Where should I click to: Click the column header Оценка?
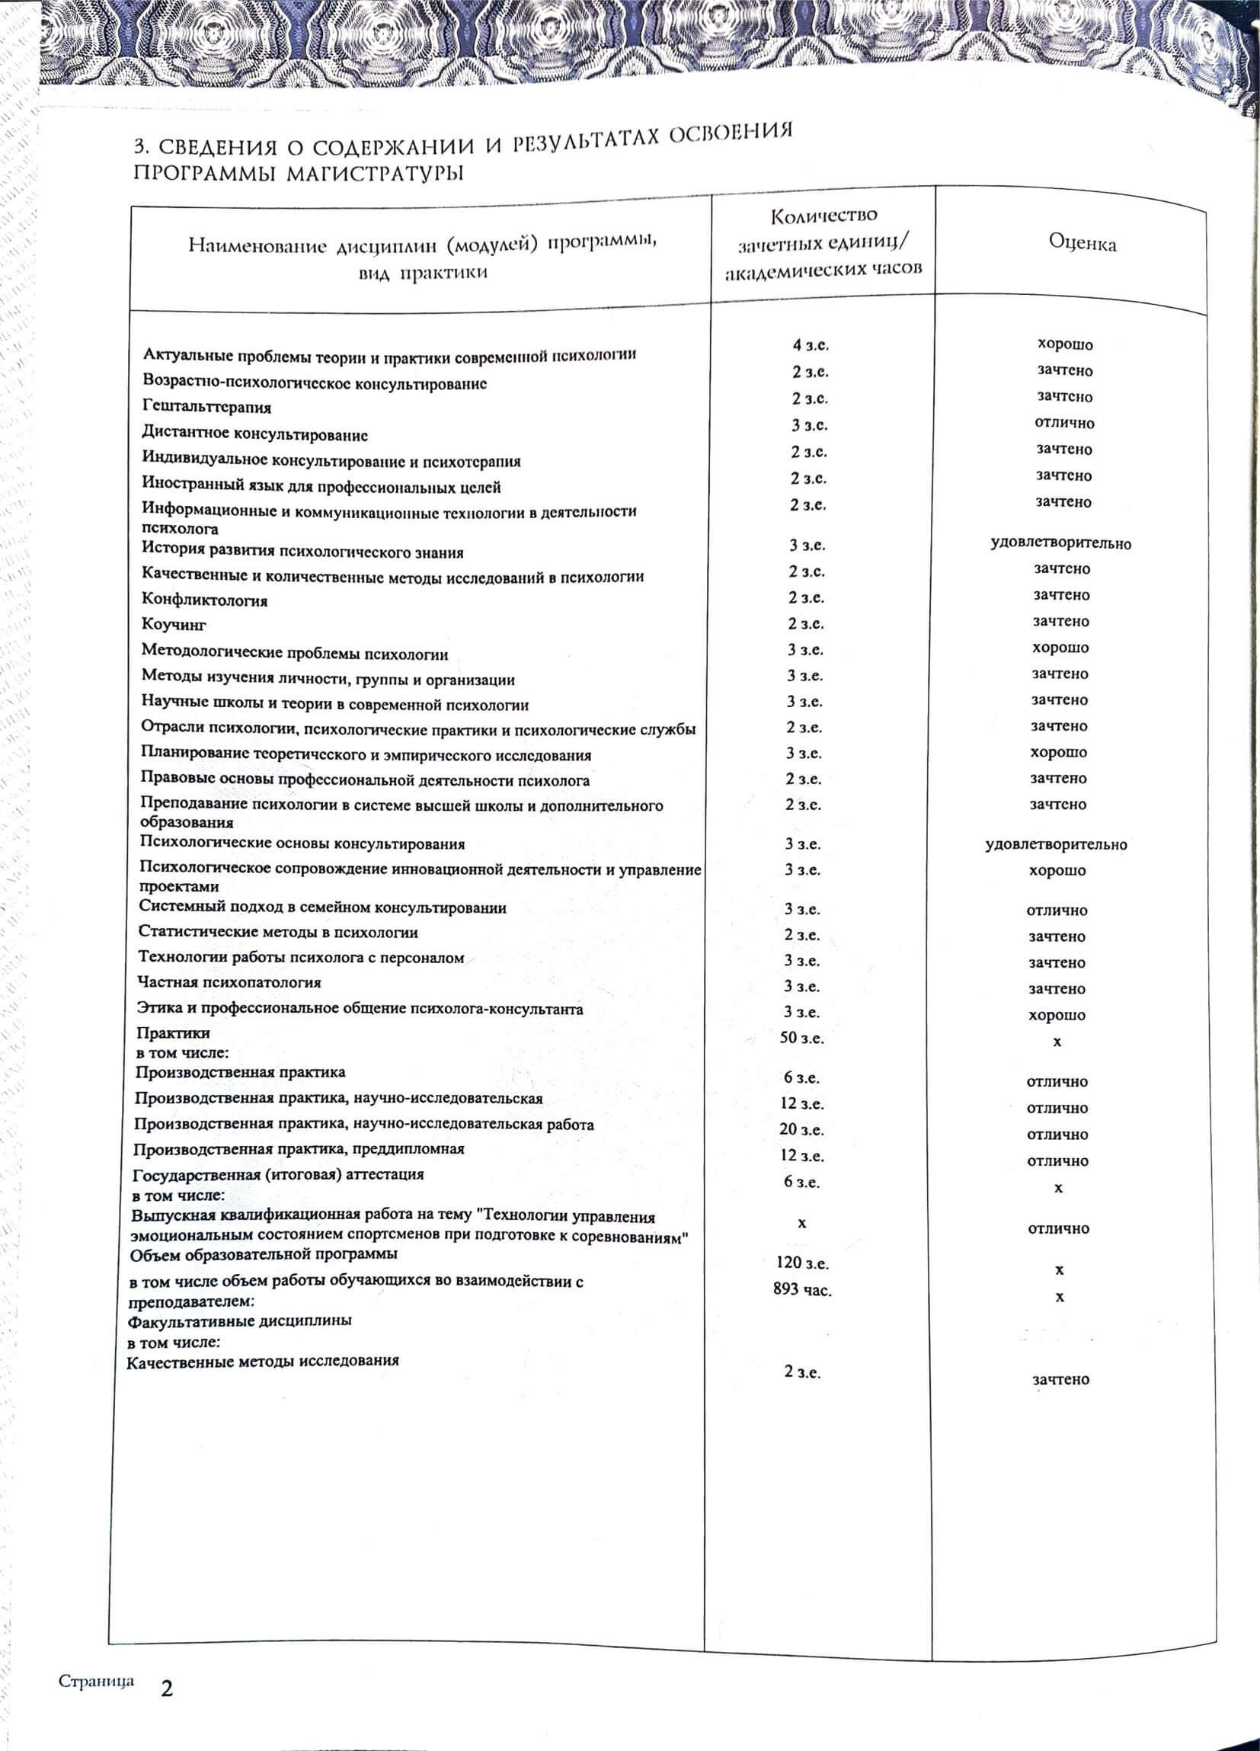1082,243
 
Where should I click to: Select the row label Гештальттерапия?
207,407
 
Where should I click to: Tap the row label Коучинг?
174,625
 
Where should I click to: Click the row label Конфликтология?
205,600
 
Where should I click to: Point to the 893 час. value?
802,1288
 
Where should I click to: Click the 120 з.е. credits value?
802,1263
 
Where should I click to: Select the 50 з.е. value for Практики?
801,1038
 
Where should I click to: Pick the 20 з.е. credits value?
801,1129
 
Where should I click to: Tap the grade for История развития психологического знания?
1061,543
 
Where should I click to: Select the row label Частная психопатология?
229,983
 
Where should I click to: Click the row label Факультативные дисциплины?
239,1320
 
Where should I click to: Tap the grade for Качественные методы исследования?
1061,1380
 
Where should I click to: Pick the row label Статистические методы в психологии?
278,932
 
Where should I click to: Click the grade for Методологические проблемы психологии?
1060,648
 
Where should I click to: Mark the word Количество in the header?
823,215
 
